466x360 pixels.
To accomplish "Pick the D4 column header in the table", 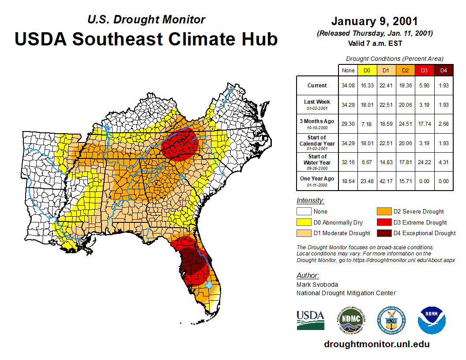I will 443,71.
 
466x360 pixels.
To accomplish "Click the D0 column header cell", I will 367,71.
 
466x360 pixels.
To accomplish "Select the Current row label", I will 317,86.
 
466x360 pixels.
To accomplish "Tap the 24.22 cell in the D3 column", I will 424,162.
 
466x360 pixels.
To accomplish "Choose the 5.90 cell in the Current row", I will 424,86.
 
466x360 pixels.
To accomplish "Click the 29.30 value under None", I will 348,124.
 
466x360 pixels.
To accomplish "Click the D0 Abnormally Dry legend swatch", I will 304,222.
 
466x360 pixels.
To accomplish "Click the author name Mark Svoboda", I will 317,285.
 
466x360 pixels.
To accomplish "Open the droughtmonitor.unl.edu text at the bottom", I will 376,344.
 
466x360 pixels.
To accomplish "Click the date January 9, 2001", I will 374,21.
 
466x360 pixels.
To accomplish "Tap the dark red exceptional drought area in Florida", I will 193,265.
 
